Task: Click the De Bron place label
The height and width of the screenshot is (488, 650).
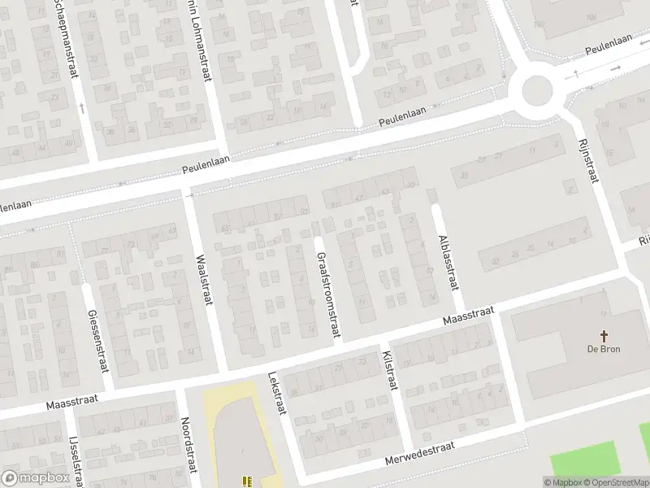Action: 604,350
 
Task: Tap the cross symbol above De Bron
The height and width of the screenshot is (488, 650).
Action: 604,335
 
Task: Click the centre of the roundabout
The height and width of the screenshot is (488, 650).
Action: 537,89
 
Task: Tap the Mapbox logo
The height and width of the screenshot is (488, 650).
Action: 34,478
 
